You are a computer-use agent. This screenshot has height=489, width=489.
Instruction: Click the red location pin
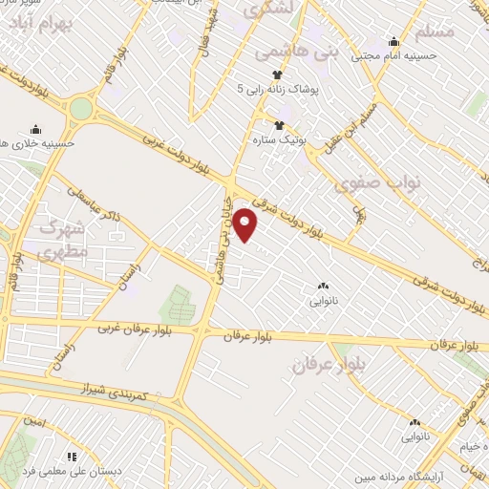point(246,225)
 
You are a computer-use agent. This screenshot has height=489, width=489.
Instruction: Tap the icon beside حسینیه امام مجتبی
point(393,41)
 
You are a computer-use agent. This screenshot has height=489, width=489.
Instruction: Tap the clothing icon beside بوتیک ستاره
point(281,125)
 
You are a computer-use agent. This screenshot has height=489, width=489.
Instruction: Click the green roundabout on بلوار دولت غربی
point(81,108)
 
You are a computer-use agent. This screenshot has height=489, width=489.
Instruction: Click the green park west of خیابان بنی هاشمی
point(175,304)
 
